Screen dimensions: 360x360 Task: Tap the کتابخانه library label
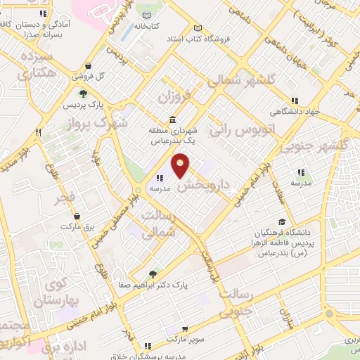(x=167, y=26)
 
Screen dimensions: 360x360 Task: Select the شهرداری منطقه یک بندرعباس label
(x=174, y=136)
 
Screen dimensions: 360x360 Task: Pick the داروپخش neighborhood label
(x=204, y=182)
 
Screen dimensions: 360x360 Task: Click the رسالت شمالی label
(x=157, y=224)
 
